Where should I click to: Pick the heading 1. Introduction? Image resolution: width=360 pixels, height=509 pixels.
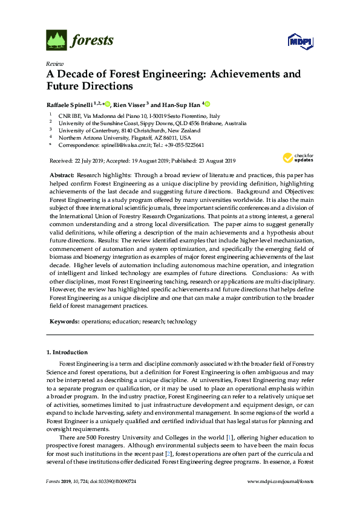67,352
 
